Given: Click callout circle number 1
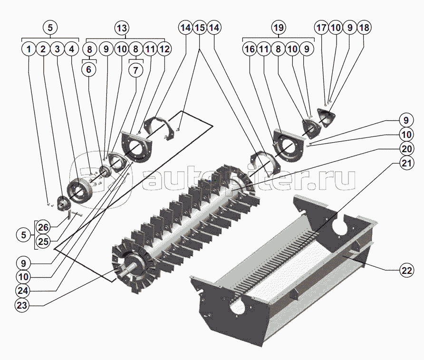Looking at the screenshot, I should pyautogui.click(x=29, y=49).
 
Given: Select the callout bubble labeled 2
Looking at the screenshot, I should pyautogui.click(x=43, y=49).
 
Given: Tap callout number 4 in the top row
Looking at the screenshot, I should pyautogui.click(x=71, y=49).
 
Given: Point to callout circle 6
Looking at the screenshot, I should pyautogui.click(x=88, y=69).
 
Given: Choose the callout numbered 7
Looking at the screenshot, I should pyautogui.click(x=135, y=69).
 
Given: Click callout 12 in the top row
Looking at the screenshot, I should pyautogui.click(x=164, y=49).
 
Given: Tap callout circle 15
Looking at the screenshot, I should pyautogui.click(x=200, y=28).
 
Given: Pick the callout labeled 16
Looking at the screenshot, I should pyautogui.click(x=250, y=49).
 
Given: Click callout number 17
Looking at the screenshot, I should pyautogui.click(x=322, y=28).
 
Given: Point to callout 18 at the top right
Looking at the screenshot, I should pyautogui.click(x=364, y=28).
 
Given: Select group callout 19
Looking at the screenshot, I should pyautogui.click(x=279, y=27).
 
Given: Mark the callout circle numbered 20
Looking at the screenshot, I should pyautogui.click(x=406, y=148).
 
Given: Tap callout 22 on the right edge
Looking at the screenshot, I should pyautogui.click(x=406, y=270).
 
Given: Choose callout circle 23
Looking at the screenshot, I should pyautogui.click(x=22, y=306).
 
